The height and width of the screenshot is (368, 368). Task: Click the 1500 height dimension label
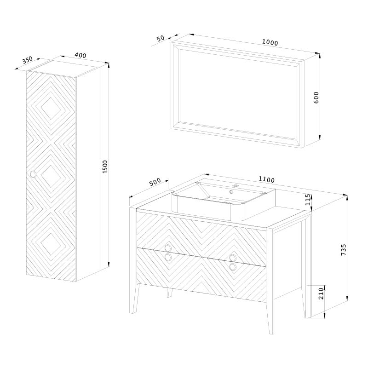click(x=105, y=167)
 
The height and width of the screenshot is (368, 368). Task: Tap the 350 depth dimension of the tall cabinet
click(x=28, y=60)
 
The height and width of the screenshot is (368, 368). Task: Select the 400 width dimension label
click(x=80, y=55)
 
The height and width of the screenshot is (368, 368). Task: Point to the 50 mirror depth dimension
click(x=161, y=38)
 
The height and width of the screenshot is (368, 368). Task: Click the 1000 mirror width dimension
click(x=270, y=42)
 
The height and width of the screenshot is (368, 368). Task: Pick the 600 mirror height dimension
click(x=316, y=98)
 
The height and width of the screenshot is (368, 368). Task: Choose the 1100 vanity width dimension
click(x=266, y=179)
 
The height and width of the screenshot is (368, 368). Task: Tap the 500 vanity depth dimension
click(x=155, y=182)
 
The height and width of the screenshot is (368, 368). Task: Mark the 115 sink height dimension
click(x=307, y=200)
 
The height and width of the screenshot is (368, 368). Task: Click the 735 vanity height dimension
click(x=343, y=250)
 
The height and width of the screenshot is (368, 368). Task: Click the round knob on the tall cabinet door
click(x=33, y=174)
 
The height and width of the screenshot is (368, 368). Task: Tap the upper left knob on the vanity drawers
click(x=168, y=248)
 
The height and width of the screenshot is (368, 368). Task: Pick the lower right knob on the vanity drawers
click(x=233, y=267)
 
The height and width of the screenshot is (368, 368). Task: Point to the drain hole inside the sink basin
click(x=231, y=192)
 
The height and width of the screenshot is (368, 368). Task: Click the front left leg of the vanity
click(x=135, y=298)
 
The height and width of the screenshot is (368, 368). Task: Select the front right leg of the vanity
click(x=270, y=316)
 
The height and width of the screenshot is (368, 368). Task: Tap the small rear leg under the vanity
click(x=169, y=293)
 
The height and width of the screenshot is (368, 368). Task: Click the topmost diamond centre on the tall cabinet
click(x=51, y=109)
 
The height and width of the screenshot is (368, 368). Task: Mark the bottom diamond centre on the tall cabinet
click(x=51, y=244)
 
